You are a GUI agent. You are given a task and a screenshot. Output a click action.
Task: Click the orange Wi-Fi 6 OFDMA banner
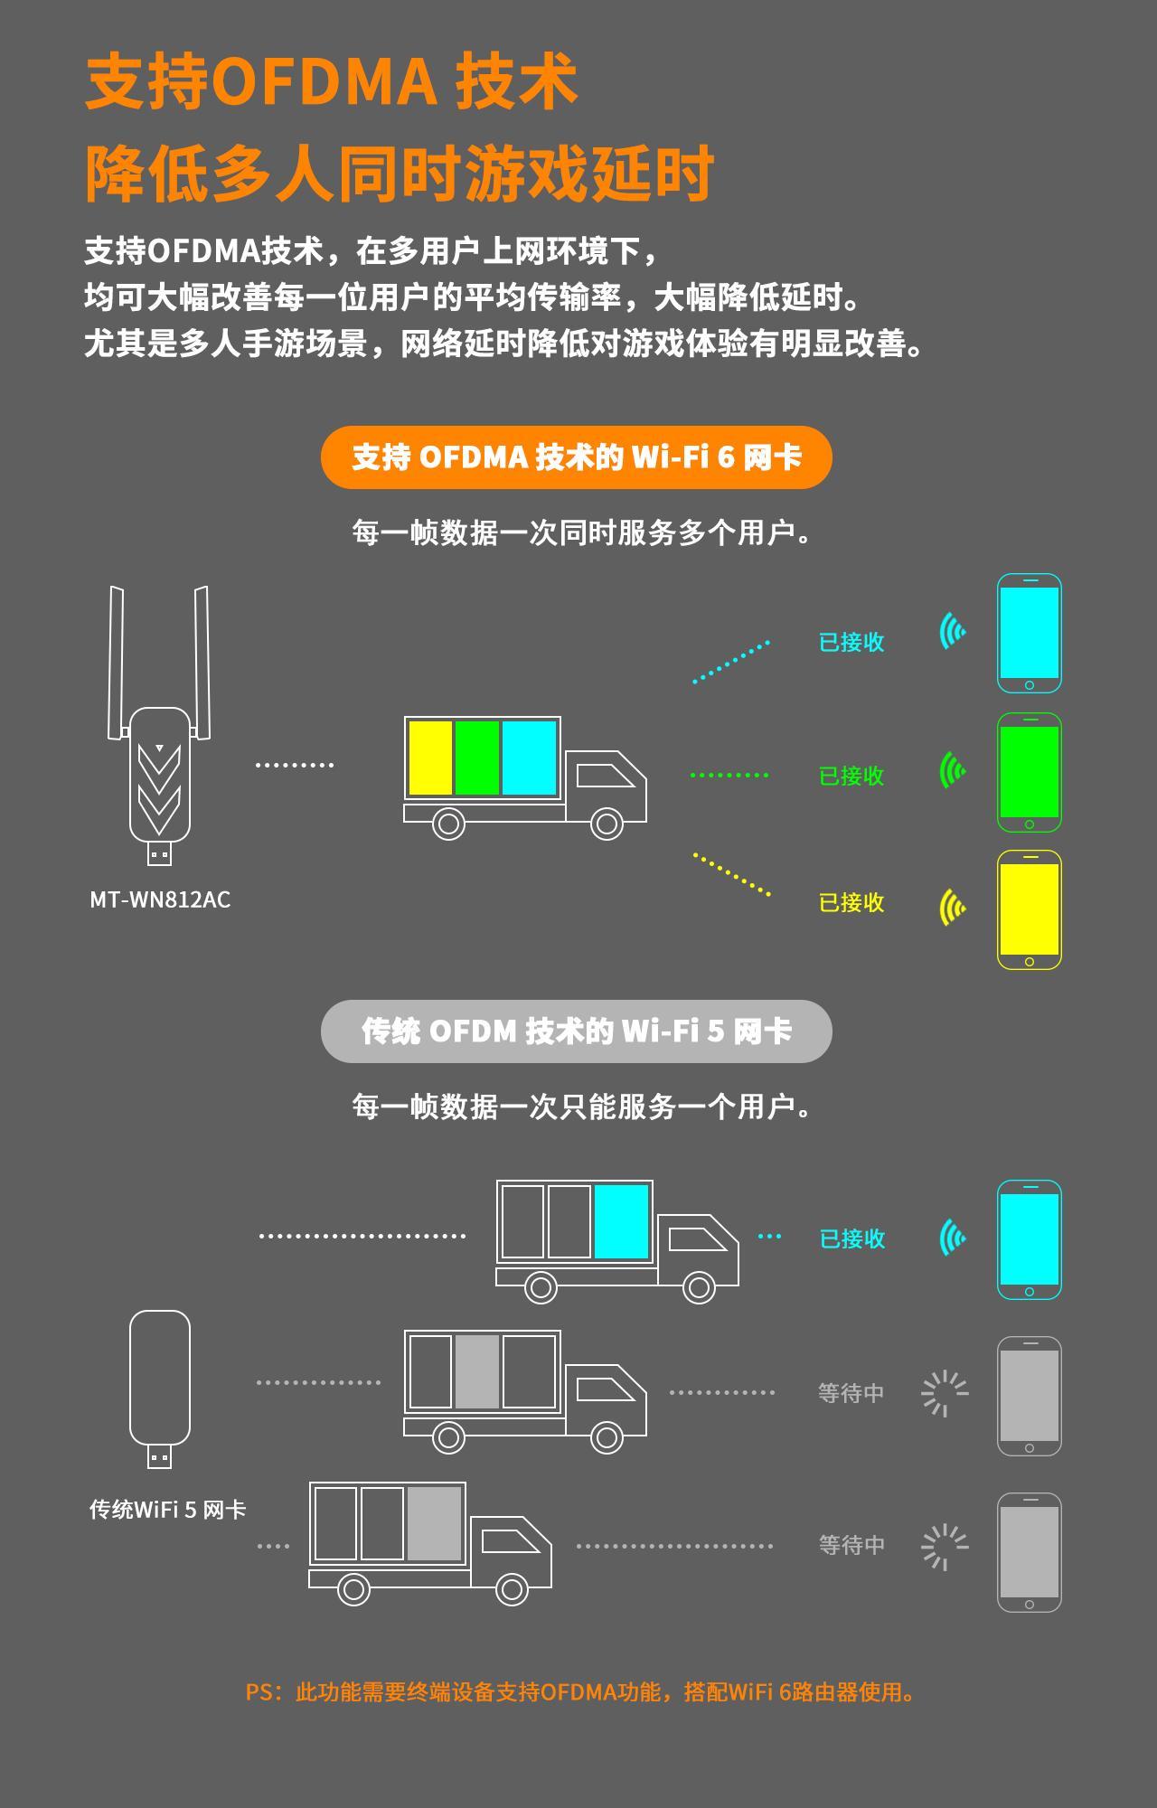pyautogui.click(x=576, y=457)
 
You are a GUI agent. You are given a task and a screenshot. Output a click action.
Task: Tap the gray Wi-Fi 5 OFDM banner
pyautogui.click(x=576, y=1031)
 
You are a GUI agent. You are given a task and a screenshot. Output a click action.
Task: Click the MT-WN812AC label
pyautogui.click(x=160, y=899)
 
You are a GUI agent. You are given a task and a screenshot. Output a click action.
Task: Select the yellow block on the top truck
pyautogui.click(x=430, y=758)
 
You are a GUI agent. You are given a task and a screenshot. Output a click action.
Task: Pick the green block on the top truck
pyautogui.click(x=477, y=758)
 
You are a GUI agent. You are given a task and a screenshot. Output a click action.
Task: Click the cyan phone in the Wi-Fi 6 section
pyautogui.click(x=1030, y=634)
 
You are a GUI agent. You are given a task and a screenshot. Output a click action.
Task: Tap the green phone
pyautogui.click(x=1030, y=773)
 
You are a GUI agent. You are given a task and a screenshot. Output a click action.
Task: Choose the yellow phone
pyautogui.click(x=1030, y=910)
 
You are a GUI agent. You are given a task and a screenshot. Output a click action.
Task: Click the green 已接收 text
pyautogui.click(x=851, y=776)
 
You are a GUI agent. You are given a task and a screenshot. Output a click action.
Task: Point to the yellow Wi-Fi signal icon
pyautogui.click(x=952, y=907)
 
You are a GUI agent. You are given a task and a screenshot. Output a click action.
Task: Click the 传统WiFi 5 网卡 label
pyautogui.click(x=167, y=1510)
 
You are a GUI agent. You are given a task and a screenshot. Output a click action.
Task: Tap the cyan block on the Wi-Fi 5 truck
pyautogui.click(x=621, y=1222)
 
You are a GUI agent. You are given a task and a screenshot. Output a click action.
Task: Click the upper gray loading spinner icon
pyautogui.click(x=945, y=1393)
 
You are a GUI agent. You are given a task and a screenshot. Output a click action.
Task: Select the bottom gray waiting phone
pyautogui.click(x=1030, y=1552)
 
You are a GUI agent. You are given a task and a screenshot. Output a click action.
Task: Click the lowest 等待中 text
pyautogui.click(x=851, y=1545)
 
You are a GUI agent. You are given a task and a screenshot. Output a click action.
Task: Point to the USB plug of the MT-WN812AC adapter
pyautogui.click(x=160, y=853)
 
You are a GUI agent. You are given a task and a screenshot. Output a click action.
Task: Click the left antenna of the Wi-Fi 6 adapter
pyautogui.click(x=117, y=663)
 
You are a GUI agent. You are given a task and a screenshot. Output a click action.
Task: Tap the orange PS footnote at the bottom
pyautogui.click(x=579, y=1691)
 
